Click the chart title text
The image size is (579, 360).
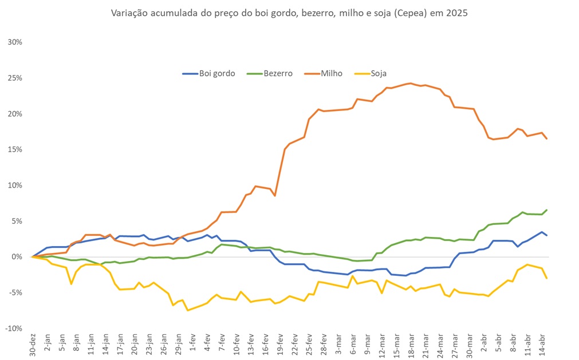(289, 13)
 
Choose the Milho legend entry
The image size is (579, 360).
(331, 73)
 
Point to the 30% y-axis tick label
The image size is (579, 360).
(15, 42)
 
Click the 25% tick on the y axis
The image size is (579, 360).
(15, 78)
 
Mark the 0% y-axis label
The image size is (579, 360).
(17, 257)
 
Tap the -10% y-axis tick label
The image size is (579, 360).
(14, 329)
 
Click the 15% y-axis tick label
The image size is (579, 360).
(15, 149)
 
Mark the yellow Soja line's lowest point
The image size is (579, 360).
(187, 310)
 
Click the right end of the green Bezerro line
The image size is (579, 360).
(547, 210)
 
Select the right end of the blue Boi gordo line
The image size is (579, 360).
(547, 235)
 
